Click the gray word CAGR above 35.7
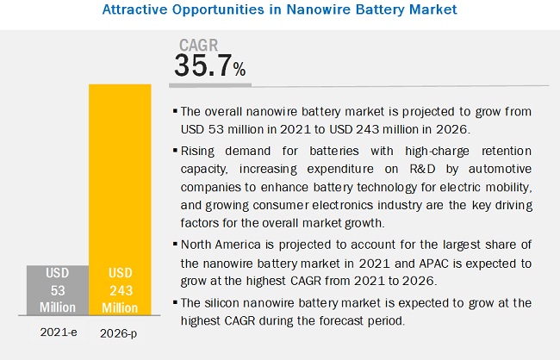click(x=197, y=44)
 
